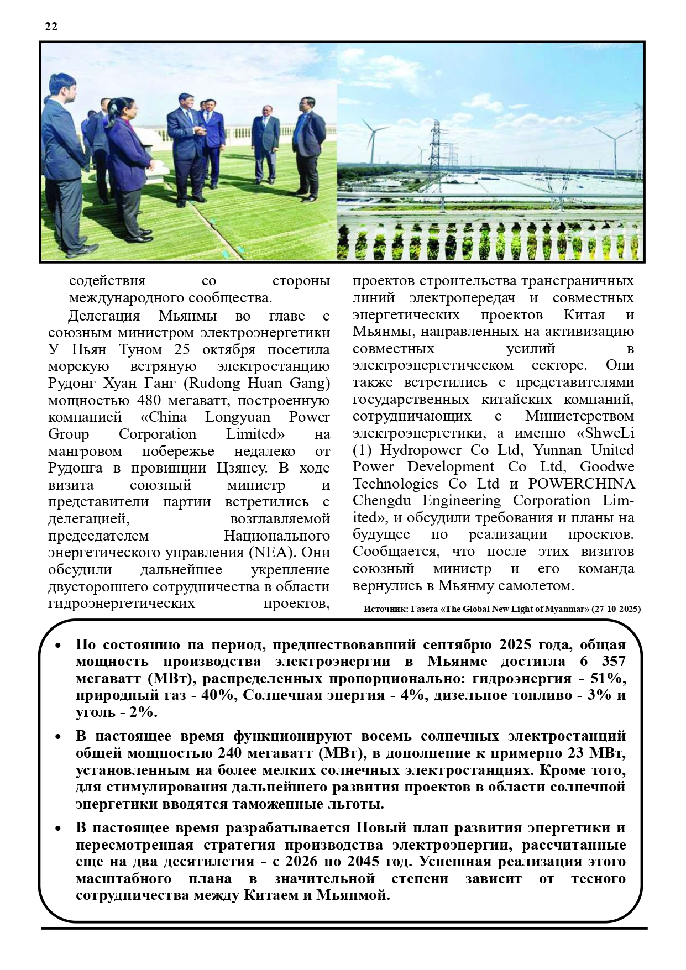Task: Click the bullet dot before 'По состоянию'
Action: pyautogui.click(x=59, y=646)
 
